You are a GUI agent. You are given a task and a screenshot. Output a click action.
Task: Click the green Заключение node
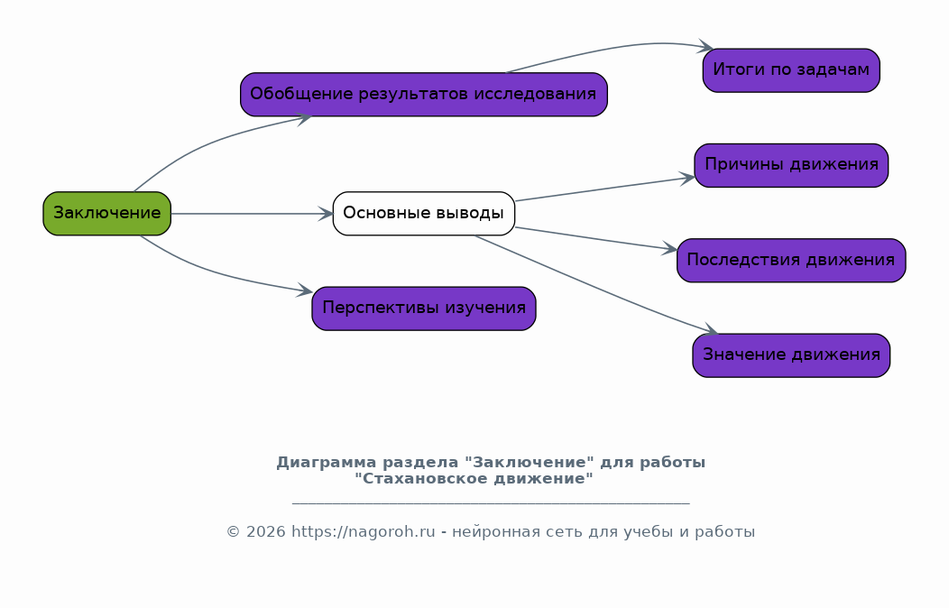pos(107,214)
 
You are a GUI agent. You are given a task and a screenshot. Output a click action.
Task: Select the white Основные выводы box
pos(424,214)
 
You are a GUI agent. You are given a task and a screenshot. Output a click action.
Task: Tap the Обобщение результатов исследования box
pos(424,95)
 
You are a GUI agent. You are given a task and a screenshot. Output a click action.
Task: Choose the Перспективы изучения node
pos(424,309)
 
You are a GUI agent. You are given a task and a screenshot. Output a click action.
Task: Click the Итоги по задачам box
pos(791,70)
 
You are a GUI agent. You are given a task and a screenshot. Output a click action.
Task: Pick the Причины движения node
pos(791,165)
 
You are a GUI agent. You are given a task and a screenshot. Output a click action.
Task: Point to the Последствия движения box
pos(791,260)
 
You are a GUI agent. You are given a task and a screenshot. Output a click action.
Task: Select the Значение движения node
pos(791,355)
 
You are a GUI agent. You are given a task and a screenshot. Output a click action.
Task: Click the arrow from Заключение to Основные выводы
pos(252,214)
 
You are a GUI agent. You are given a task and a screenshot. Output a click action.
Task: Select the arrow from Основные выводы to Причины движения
pos(605,189)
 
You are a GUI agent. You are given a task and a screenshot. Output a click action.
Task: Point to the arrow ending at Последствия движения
pos(596,238)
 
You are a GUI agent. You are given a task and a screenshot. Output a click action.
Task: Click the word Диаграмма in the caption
pos(327,463)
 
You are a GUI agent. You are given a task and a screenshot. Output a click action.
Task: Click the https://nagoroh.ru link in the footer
pos(364,532)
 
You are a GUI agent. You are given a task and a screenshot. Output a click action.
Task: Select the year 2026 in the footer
pos(266,532)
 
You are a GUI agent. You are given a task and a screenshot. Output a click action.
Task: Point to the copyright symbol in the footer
pos(234,532)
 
